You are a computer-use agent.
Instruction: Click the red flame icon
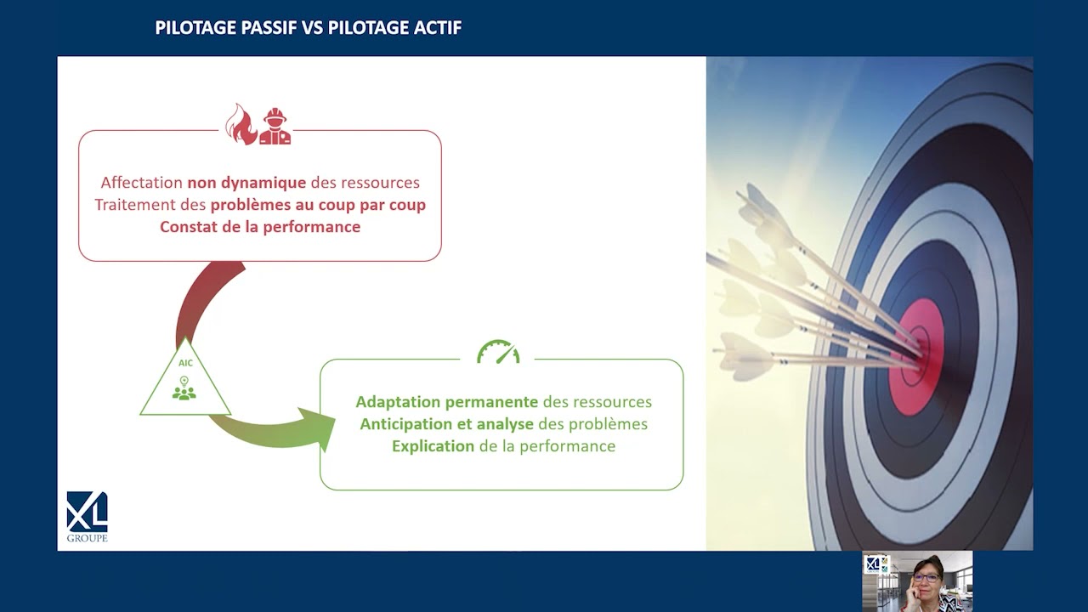click(240, 124)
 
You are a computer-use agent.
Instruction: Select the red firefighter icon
click(275, 126)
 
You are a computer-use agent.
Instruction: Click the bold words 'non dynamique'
click(246, 183)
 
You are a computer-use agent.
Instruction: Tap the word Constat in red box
click(189, 227)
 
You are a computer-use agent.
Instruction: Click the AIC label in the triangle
click(185, 363)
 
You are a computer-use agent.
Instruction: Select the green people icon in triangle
click(184, 393)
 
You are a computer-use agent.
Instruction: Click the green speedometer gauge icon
click(498, 352)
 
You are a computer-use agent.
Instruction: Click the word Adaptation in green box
click(399, 402)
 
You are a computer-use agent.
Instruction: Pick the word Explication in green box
click(433, 446)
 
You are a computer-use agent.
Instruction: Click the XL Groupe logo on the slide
click(88, 517)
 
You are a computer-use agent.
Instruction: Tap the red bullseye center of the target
click(917, 357)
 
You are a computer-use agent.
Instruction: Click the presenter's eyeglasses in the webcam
click(926, 578)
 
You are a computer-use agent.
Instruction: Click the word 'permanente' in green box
click(491, 402)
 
